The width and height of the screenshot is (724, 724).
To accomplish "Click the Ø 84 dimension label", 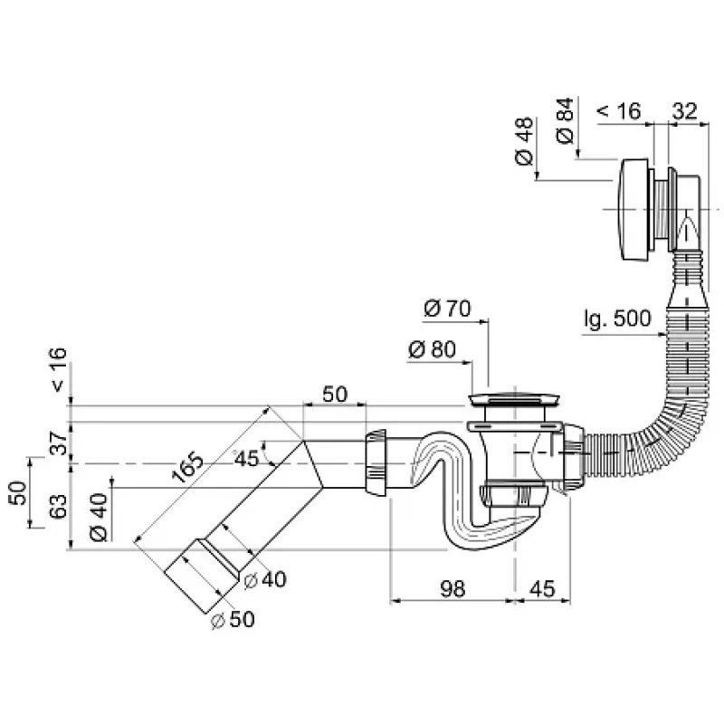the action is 565,121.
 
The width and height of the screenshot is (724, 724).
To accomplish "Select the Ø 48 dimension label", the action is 524,141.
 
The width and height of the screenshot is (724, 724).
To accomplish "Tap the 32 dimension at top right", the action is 684,111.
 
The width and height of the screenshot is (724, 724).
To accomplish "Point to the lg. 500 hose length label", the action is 617,319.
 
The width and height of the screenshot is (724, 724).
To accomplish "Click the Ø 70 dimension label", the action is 447,309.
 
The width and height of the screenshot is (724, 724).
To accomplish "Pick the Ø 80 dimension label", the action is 433,349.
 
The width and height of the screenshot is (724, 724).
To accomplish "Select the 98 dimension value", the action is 452,589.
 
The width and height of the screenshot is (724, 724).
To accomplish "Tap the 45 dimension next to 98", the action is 542,589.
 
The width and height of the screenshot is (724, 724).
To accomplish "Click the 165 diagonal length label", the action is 187,467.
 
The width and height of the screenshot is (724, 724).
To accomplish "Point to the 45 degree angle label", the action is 246,459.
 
